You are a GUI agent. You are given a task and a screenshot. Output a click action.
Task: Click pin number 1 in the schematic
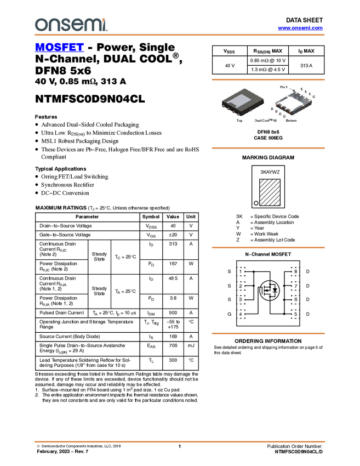tap(241, 271)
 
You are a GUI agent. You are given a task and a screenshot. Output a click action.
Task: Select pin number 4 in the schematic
tap(241, 314)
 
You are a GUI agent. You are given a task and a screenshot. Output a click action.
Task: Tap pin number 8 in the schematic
tap(295, 271)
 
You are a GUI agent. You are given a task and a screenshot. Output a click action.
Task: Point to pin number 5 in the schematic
tap(295, 314)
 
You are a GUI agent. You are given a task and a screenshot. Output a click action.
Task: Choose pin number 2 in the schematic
tap(241, 286)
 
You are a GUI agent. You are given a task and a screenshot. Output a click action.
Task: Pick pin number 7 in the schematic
tap(295, 286)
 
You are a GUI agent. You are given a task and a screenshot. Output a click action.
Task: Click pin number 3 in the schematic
tap(241, 300)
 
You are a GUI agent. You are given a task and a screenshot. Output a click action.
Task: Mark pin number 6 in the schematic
tap(295, 300)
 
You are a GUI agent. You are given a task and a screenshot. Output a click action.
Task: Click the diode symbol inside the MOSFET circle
tap(276, 289)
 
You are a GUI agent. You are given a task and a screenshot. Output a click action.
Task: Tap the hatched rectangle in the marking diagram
tap(269, 192)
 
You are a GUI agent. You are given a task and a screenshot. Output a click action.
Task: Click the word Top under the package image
tap(239, 121)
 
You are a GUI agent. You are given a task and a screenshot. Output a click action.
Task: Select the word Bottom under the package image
tap(291, 121)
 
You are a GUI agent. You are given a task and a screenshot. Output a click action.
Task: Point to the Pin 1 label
tap(283, 87)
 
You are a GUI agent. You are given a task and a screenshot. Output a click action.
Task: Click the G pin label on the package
tap(313, 97)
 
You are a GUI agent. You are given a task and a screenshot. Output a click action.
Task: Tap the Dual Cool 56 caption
tap(265, 121)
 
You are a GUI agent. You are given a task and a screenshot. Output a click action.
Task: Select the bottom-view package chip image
tap(296, 103)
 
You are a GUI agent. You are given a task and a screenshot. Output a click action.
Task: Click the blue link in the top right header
tap(300, 28)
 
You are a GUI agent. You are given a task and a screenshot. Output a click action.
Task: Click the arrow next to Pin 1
tap(293, 89)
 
